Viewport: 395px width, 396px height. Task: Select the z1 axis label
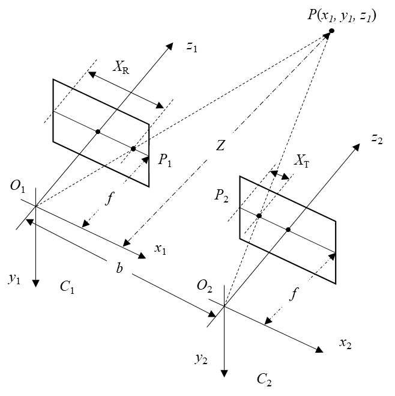[193, 46]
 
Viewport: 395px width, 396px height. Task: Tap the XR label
[122, 67]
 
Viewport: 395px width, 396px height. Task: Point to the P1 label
[165, 160]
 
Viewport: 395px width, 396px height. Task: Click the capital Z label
[221, 145]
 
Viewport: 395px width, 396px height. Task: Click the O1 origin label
[18, 186]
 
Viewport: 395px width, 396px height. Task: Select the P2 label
[222, 194]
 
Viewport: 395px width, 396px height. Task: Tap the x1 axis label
[161, 248]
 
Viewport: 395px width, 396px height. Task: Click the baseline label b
[119, 268]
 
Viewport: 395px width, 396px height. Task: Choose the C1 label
[68, 286]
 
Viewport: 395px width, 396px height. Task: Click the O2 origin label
[205, 285]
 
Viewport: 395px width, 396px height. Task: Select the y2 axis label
[202, 356]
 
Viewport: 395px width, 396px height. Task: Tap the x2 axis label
[346, 342]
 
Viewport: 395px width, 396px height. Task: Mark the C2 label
[265, 379]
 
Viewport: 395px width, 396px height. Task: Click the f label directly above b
[110, 198]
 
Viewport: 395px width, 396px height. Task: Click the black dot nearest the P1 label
[133, 148]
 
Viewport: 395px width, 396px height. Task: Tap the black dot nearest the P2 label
[259, 216]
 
